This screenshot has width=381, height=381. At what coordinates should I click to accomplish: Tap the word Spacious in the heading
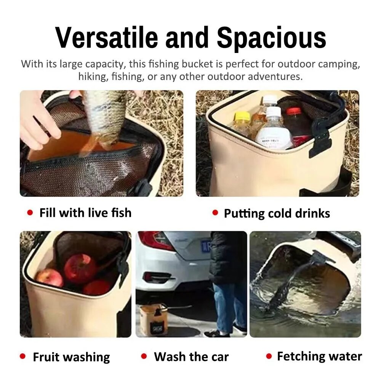tap(271, 39)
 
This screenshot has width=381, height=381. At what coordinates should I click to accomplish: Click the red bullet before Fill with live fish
tap(30, 213)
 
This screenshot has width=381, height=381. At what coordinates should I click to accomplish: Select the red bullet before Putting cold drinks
tap(215, 213)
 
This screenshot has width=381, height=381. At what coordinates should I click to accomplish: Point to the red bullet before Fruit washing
tap(22, 356)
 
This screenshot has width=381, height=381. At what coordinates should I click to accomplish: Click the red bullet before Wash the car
tap(144, 356)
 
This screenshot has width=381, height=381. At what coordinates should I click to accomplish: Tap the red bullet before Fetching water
tap(269, 356)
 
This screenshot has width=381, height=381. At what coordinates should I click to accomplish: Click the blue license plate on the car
tap(206, 247)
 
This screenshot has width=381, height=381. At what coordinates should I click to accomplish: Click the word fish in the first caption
tap(121, 213)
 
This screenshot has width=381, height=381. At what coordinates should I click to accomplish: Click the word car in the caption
tap(220, 357)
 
